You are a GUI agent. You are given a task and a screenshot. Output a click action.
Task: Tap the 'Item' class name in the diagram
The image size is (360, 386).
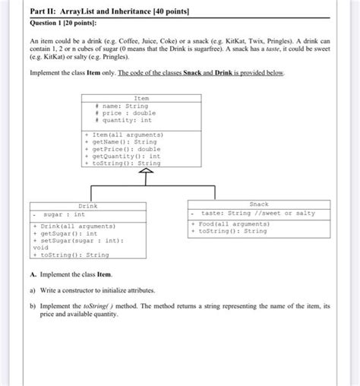coord(141,99)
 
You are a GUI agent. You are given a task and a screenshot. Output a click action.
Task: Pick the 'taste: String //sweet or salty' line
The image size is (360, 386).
coord(257,214)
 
